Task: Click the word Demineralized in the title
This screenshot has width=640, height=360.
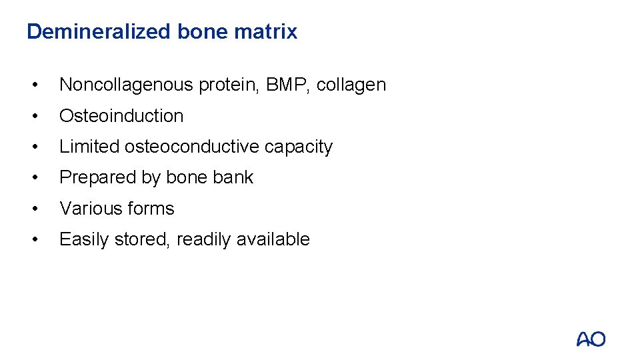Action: (99, 31)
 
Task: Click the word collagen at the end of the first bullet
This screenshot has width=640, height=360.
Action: (351, 85)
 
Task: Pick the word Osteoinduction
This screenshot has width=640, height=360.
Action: (121, 116)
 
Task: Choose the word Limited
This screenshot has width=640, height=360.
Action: (89, 147)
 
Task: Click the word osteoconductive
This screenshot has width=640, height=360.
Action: (192, 147)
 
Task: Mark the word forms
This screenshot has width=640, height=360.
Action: (150, 209)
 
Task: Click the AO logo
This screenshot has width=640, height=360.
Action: (591, 339)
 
